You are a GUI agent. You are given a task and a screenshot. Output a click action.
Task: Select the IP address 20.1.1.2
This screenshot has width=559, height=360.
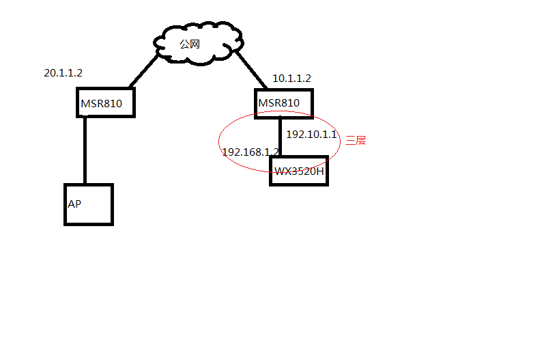coord(63,72)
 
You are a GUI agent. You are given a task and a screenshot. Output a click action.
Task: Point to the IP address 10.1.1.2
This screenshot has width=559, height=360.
coord(291,79)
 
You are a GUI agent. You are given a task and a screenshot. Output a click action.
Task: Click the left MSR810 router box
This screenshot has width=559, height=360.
coord(105,103)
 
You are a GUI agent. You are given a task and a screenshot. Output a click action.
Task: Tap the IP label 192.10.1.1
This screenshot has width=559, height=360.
coord(311,135)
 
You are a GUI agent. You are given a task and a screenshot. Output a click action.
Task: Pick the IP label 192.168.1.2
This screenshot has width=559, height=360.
coord(250,152)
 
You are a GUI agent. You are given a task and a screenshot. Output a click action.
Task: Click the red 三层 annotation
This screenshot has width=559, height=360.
coord(356,141)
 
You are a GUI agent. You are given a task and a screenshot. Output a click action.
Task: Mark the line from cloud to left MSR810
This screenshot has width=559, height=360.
coord(145,71)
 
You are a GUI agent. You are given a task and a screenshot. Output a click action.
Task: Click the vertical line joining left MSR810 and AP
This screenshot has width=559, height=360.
coord(85,150)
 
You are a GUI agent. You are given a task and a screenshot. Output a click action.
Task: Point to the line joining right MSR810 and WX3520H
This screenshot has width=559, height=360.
coord(280,137)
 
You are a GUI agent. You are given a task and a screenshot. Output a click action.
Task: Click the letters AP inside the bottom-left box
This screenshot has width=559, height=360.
coord(74,204)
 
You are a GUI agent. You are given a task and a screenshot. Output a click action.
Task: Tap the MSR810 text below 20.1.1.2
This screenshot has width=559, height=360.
coord(101,104)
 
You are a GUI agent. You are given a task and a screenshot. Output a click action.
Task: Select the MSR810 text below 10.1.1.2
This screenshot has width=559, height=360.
coord(278,103)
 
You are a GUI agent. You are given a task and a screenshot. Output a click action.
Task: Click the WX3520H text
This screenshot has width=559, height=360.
coord(299,171)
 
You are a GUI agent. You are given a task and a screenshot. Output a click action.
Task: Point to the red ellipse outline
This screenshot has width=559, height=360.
coord(219,141)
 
